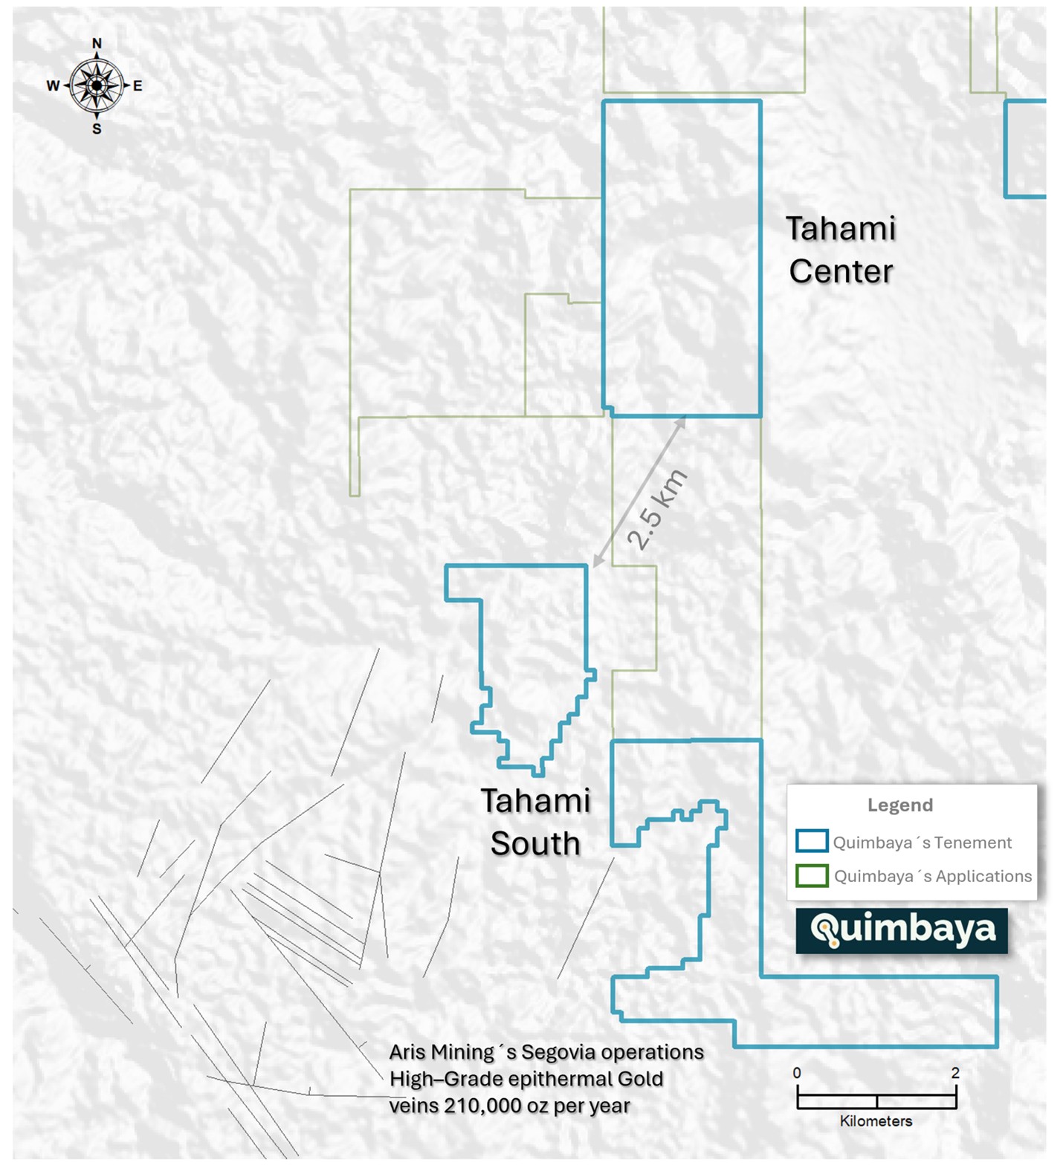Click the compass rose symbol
tap(97, 86)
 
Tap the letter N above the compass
tap(97, 44)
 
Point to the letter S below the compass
tap(97, 129)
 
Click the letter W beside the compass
tap(53, 86)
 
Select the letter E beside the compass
tap(138, 86)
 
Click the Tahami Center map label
tap(841, 250)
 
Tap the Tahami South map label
tap(535, 823)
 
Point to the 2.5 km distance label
tap(657, 510)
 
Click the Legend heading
tap(899, 805)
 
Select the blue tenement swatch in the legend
tap(812, 841)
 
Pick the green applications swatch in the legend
tap(812, 875)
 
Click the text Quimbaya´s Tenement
tap(922, 843)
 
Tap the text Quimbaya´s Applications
tap(933, 876)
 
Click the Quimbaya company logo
tap(902, 930)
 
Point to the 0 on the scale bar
tap(797, 1073)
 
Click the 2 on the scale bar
tap(955, 1073)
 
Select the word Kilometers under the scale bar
tap(876, 1121)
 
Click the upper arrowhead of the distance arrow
tap(682, 421)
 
